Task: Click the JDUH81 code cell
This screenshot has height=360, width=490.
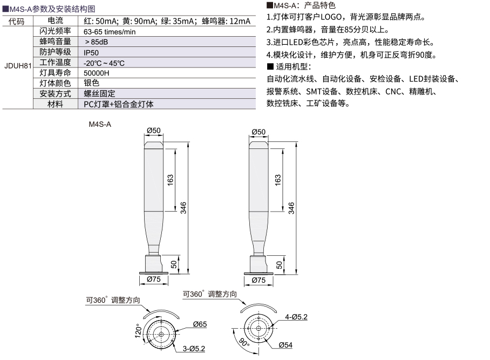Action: pyautogui.click(x=18, y=66)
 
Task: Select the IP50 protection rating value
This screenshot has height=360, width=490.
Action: pyautogui.click(x=91, y=53)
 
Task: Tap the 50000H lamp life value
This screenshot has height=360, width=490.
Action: pyautogui.click(x=96, y=73)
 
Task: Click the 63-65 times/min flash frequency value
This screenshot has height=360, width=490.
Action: pyautogui.click(x=110, y=32)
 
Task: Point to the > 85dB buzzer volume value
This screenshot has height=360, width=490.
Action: pyautogui.click(x=96, y=42)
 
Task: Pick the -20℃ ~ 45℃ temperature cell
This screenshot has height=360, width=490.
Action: pyautogui.click(x=104, y=63)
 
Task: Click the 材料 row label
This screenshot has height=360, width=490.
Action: pyautogui.click(x=55, y=104)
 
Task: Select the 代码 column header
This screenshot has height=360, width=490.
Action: pyautogui.click(x=16, y=21)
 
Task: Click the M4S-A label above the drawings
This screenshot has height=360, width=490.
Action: pyautogui.click(x=100, y=124)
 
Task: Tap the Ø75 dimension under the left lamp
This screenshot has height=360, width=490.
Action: pyautogui.click(x=154, y=279)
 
